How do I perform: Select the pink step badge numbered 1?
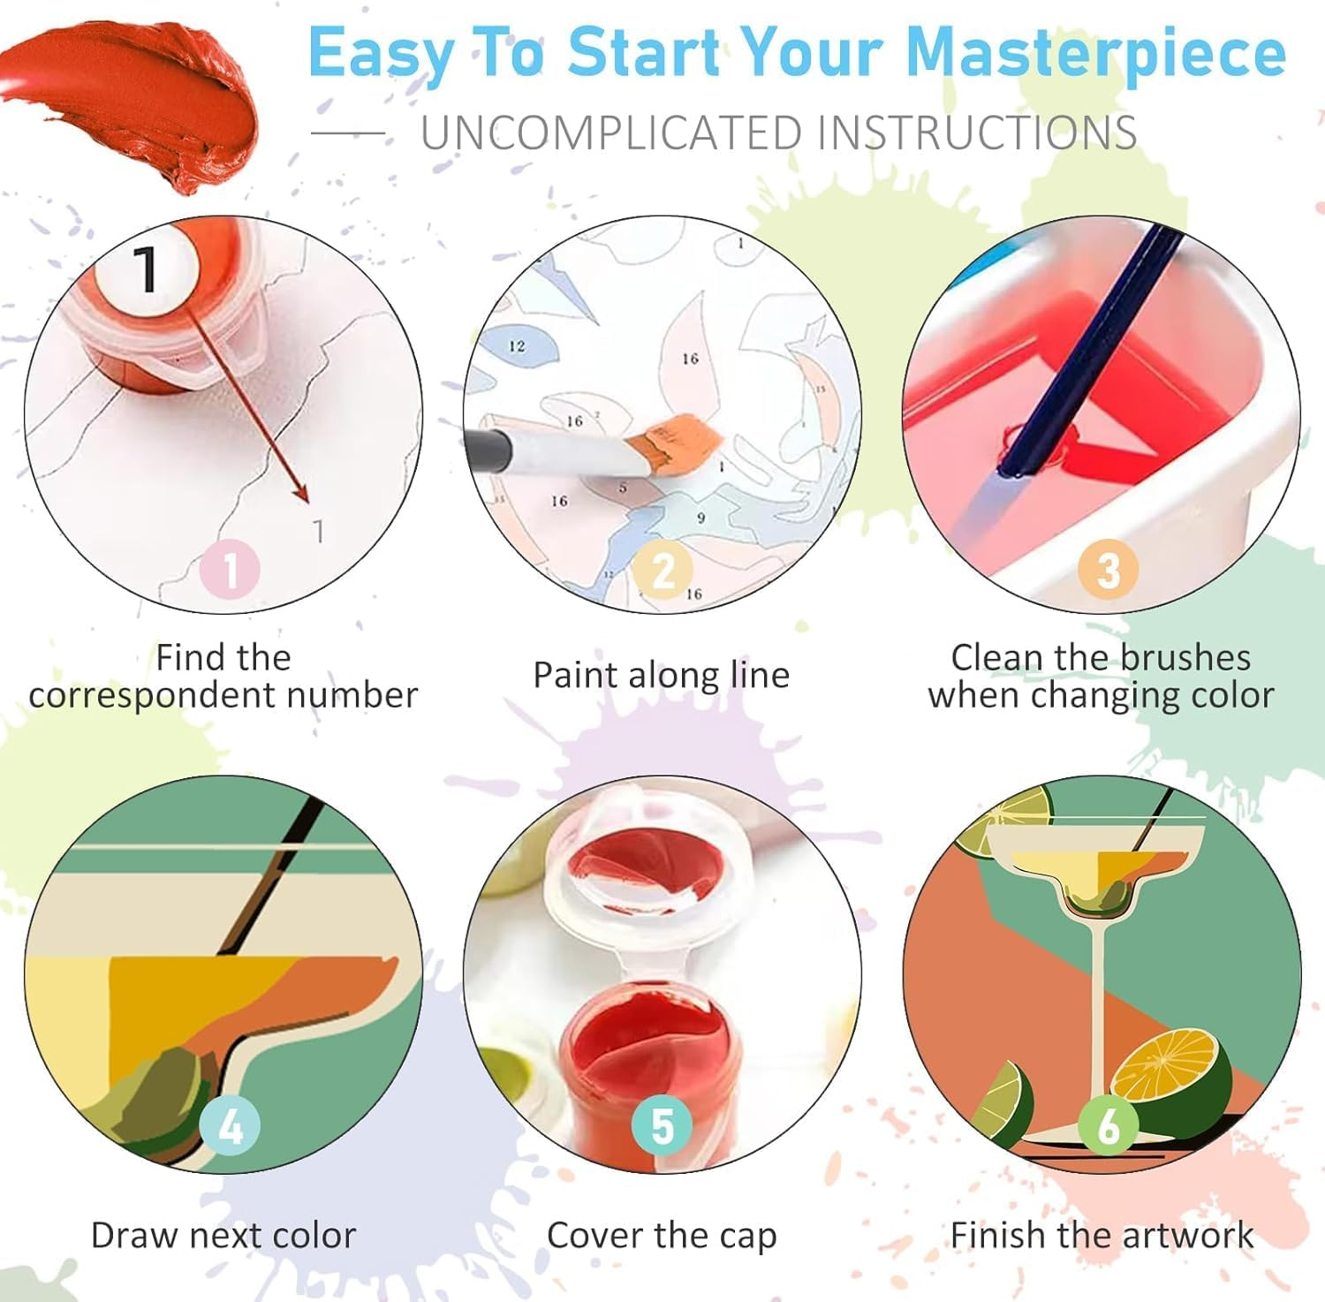(230, 570)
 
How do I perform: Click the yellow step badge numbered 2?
(662, 570)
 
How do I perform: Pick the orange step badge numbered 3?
(1108, 570)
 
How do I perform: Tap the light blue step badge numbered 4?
(230, 1126)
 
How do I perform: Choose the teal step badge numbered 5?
(662, 1126)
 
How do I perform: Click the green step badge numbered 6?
(1108, 1126)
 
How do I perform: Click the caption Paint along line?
(661, 675)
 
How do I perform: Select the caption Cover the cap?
(662, 1235)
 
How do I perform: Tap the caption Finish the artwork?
(1102, 1235)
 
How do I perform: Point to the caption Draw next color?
(223, 1235)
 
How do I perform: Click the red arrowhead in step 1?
(301, 495)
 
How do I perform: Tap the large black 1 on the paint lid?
(147, 269)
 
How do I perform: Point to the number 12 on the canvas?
(517, 346)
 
